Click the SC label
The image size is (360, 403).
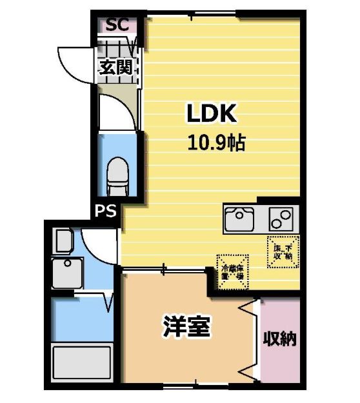(117, 25)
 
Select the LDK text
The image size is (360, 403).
(213, 113)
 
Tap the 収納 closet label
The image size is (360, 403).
(279, 338)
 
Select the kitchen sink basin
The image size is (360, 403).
(240, 219)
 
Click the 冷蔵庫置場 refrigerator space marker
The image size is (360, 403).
(231, 271)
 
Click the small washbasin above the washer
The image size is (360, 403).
(64, 242)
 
